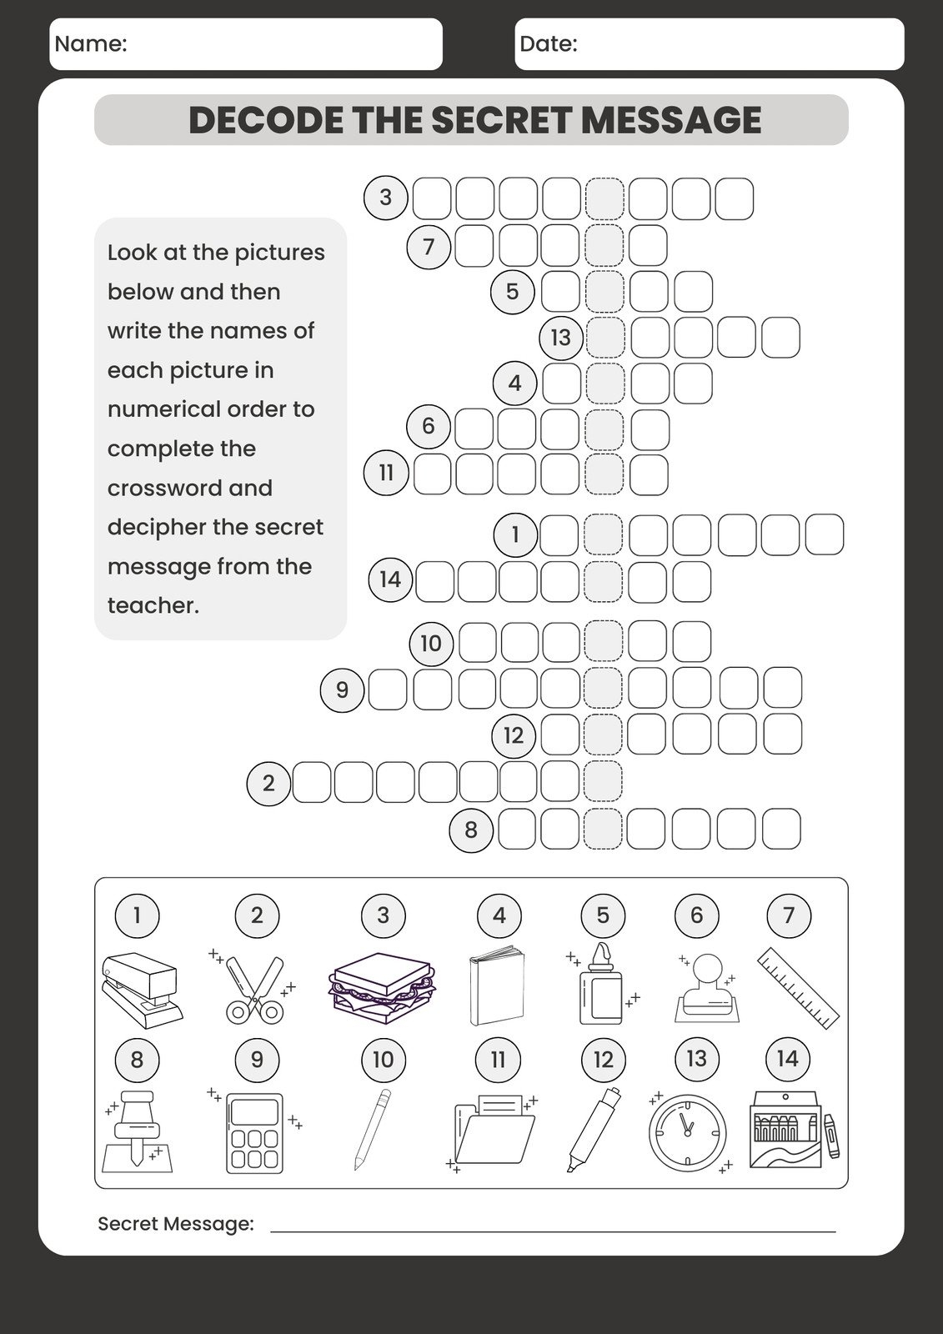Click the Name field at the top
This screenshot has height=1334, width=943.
(x=246, y=44)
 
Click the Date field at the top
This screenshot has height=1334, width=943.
(x=709, y=44)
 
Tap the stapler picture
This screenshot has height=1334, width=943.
(x=140, y=990)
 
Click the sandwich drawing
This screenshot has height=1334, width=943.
(x=383, y=988)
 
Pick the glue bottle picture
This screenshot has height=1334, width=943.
(x=601, y=985)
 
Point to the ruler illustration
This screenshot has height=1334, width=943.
(x=798, y=988)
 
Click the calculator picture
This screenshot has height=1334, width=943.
(x=254, y=1132)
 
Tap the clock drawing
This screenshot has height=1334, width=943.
(x=688, y=1132)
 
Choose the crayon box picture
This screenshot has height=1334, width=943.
(x=788, y=1130)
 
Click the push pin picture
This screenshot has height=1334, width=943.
(x=137, y=1132)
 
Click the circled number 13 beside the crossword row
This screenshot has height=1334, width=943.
(x=560, y=337)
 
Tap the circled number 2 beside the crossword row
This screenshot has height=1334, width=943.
(x=268, y=783)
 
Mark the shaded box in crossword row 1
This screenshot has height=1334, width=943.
(x=603, y=534)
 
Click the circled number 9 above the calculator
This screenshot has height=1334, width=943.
(x=257, y=1059)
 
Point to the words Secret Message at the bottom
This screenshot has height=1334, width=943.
(x=176, y=1223)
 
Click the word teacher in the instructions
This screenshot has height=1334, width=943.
(x=153, y=605)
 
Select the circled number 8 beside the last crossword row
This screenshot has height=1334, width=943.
(x=471, y=830)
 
